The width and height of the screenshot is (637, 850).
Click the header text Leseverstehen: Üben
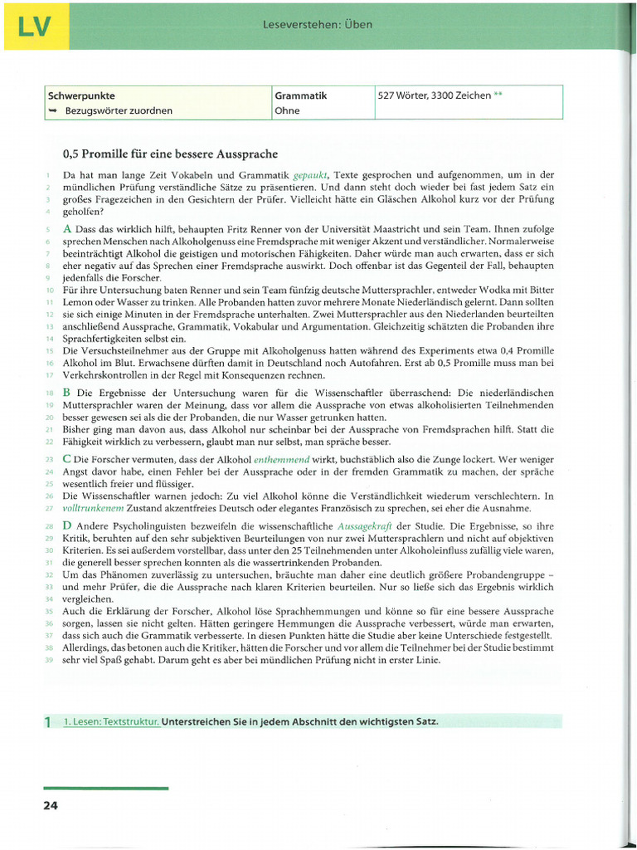[x=317, y=25]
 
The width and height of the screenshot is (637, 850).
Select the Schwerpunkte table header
[x=81, y=95]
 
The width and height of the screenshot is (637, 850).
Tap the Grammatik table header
[x=300, y=95]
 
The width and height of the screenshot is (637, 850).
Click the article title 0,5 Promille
[x=170, y=154]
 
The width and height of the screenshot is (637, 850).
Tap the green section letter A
[x=68, y=228]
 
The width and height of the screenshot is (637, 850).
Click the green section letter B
[x=67, y=392]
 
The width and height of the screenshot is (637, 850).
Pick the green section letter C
[x=67, y=459]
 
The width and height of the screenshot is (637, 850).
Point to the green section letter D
[x=68, y=526]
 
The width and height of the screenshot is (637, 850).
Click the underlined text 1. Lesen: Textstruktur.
[x=111, y=721]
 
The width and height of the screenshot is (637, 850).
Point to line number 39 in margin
[x=49, y=661]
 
